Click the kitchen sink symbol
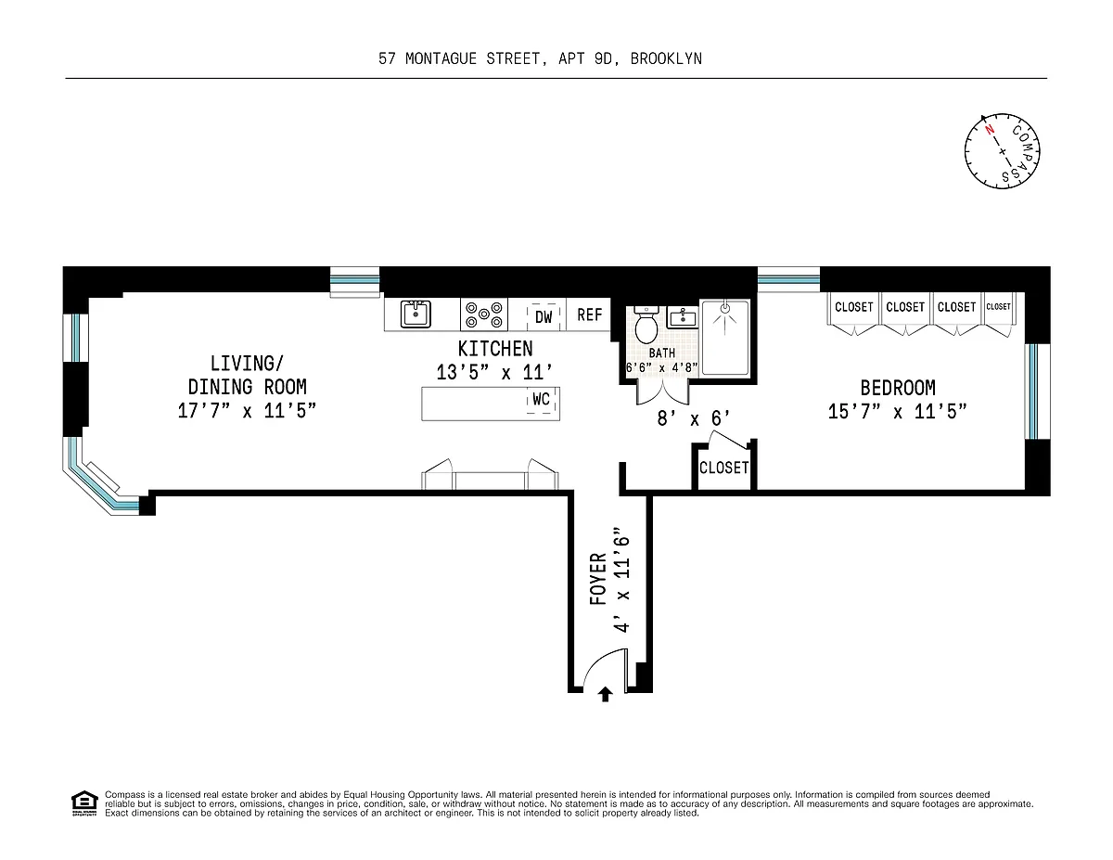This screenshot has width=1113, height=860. (416, 314)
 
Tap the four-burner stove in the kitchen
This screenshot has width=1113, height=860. (483, 314)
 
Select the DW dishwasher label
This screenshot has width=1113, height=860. (544, 317)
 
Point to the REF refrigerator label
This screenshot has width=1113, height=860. (590, 314)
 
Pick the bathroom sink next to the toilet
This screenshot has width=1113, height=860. (683, 317)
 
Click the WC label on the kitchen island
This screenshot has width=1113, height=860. (541, 400)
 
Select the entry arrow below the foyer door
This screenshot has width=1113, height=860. (606, 694)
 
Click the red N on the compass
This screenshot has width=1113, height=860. (990, 129)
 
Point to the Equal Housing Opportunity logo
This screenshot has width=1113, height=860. (84, 803)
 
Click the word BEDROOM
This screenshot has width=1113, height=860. (898, 389)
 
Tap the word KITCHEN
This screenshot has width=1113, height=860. (495, 349)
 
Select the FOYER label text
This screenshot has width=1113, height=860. (598, 579)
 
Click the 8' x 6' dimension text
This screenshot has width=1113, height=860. (694, 418)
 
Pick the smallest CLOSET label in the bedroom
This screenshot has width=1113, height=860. (998, 306)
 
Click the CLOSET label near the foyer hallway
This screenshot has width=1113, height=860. (723, 468)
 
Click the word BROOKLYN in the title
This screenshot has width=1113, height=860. (666, 58)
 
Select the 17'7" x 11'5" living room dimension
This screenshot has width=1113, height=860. (247, 411)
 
